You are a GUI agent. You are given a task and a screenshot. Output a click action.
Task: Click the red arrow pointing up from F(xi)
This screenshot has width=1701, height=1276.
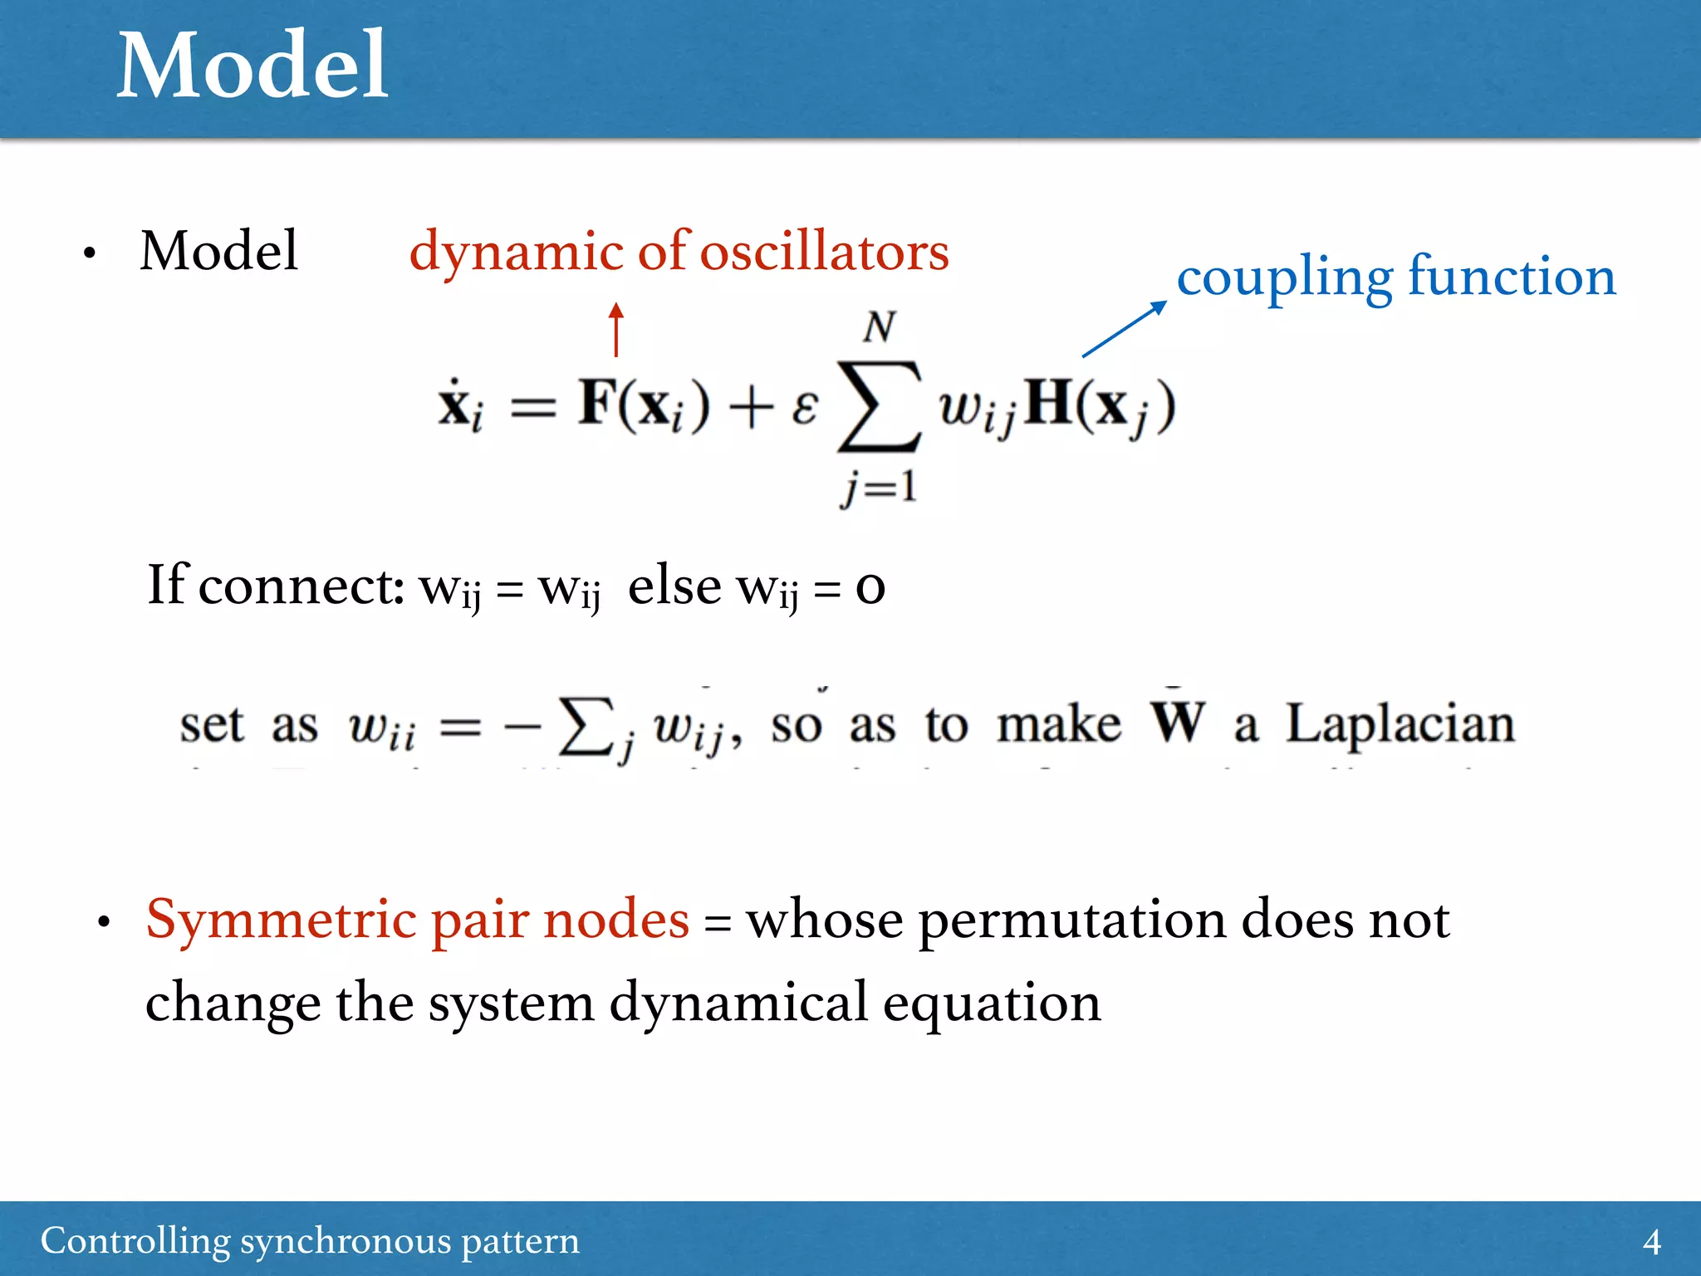click(615, 329)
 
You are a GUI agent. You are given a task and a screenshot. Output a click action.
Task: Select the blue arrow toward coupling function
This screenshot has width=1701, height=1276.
click(1124, 329)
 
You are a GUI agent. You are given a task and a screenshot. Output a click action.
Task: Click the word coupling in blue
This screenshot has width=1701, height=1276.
click(1285, 277)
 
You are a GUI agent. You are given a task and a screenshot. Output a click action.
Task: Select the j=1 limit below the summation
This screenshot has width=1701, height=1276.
click(879, 487)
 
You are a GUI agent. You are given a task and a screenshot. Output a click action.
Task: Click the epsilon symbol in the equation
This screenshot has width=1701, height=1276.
click(804, 407)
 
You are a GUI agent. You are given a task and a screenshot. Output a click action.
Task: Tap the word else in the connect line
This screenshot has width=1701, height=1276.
click(674, 586)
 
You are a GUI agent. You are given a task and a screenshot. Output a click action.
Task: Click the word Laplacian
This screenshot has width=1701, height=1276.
click(1400, 724)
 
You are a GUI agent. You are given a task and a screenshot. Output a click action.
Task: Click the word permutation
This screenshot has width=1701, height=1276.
click(1071, 920)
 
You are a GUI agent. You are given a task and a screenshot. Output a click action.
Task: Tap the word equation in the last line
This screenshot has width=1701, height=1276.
click(992, 1004)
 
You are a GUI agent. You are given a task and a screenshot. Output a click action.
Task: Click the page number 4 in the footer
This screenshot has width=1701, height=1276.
click(1652, 1242)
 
